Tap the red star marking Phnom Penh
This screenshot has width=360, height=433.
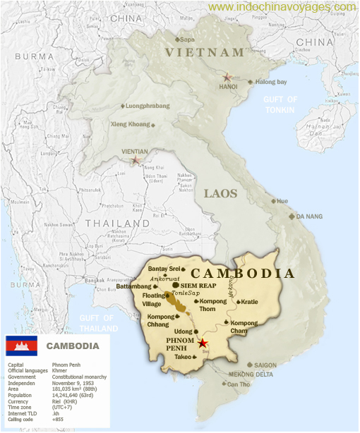pyautogui.click(x=203, y=343)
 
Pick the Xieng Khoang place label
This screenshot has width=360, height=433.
pyautogui.click(x=131, y=124)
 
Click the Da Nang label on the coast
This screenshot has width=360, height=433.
pyautogui.click(x=309, y=216)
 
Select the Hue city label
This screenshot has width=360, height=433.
pyautogui.click(x=282, y=201)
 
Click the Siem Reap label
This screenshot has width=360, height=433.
pyautogui.click(x=198, y=286)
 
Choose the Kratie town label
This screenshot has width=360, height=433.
pyautogui.click(x=252, y=302)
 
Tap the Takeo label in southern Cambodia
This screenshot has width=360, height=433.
pyautogui.click(x=183, y=357)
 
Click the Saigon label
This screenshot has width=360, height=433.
pyautogui.click(x=265, y=365)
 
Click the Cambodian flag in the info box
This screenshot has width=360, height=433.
pyautogui.click(x=21, y=346)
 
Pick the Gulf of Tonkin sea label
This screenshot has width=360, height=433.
pyautogui.click(x=280, y=104)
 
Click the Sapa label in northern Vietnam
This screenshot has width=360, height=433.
pyautogui.click(x=186, y=39)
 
